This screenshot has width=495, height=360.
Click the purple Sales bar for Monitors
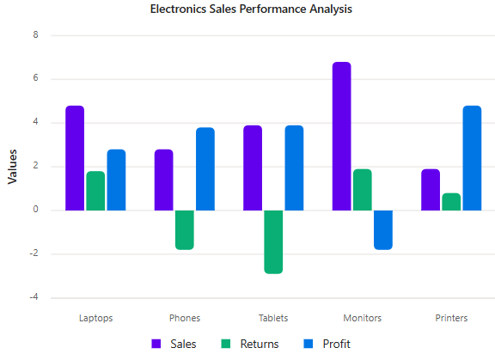pos(341,136)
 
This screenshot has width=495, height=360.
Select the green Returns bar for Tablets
pos(273,242)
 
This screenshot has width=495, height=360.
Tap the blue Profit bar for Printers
pos(472,158)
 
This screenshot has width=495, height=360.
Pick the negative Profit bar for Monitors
pos(383,230)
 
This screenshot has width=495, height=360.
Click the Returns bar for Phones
pos(185,230)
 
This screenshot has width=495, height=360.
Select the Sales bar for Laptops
pos(75,158)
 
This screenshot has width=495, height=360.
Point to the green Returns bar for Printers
pos(451,202)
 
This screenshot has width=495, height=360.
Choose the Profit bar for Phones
pos(205,168)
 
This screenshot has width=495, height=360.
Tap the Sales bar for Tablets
pos(253,168)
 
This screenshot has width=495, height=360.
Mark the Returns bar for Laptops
pos(95,191)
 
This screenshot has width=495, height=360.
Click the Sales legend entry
pos(174,344)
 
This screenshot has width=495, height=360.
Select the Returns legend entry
pos(250,344)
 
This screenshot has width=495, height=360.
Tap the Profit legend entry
pos(327,344)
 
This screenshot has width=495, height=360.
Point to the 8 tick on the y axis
pos(36,34)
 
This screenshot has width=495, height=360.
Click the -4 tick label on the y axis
pos(34,297)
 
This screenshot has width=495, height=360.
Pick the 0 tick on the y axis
pos(36,209)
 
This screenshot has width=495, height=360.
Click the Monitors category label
pos(363,318)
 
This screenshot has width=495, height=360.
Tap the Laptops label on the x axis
pos(95,318)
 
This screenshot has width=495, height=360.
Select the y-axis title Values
pos(12,167)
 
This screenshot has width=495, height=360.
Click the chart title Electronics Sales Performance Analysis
pos(251,9)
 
